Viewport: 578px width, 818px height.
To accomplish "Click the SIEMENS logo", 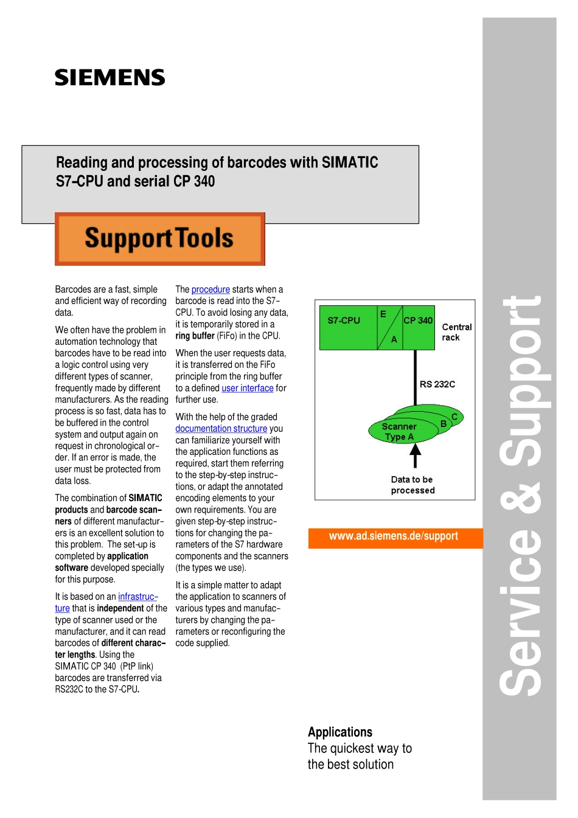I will [x=110, y=78].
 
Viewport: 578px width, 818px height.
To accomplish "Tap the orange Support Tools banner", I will [x=159, y=239].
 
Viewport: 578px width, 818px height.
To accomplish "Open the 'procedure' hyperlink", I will [x=211, y=289].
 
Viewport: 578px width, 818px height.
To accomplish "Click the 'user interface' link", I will [x=248, y=388].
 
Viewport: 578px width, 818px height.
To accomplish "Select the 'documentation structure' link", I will [x=221, y=429].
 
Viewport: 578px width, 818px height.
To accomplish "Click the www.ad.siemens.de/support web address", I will [x=393, y=536].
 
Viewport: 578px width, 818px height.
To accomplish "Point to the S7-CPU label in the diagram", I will [x=344, y=321].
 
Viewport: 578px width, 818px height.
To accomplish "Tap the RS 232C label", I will [x=437, y=384].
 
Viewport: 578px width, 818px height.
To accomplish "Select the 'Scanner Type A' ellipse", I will [x=400, y=431].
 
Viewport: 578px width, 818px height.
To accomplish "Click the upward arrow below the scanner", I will [x=416, y=454].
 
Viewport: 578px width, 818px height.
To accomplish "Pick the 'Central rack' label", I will [x=456, y=332].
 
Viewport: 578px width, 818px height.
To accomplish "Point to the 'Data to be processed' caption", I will [x=413, y=485].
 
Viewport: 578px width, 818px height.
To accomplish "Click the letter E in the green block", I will [x=383, y=314].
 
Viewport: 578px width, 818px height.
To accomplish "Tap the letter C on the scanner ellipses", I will [x=454, y=417].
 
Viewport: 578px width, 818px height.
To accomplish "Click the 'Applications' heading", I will [x=339, y=732].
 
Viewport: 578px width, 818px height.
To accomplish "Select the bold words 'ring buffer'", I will [x=195, y=336].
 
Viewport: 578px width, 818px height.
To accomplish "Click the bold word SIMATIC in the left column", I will [x=145, y=498].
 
